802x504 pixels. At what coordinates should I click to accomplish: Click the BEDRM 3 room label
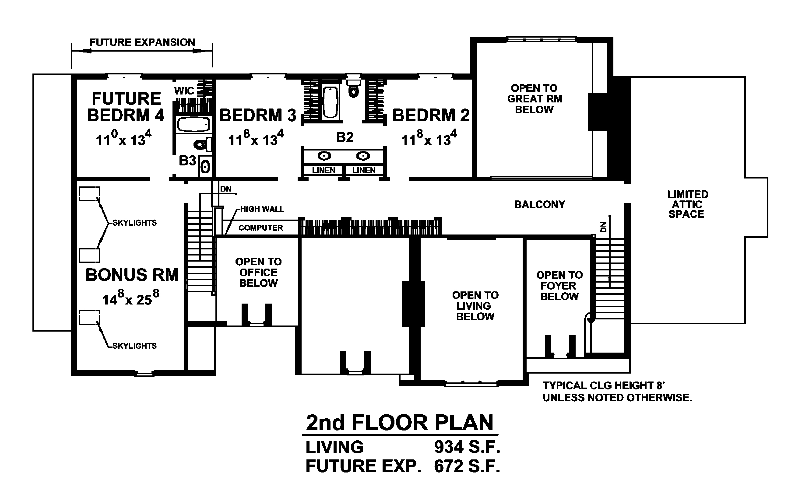pos(258,115)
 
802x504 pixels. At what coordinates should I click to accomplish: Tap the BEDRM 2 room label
pos(431,115)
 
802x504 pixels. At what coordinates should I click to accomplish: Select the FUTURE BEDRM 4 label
pos(126,107)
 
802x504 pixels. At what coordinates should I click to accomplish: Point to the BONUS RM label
pos(132,275)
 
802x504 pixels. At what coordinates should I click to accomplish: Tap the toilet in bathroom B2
pos(353,87)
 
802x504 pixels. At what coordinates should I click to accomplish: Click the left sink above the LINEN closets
pos(324,156)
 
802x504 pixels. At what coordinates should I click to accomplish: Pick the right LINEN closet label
pos(364,170)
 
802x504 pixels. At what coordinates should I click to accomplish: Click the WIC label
pos(184,91)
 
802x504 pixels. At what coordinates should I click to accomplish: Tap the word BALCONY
pos(540,204)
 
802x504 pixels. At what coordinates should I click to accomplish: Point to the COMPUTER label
pos(260,228)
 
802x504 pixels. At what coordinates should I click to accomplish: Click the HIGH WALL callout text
pos(262,209)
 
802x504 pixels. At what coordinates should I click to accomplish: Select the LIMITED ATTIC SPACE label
pos(687,204)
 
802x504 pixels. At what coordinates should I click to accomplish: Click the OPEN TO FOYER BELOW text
pos(559,286)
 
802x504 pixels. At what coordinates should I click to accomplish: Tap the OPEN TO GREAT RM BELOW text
pos(535,99)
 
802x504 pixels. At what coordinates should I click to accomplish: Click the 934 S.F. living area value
pos(467,447)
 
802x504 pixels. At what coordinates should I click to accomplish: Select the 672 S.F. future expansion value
pos(467,466)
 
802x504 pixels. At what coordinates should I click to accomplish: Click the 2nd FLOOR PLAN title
pos(400,423)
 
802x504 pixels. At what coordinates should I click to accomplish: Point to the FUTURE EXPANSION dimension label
pos(142,42)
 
